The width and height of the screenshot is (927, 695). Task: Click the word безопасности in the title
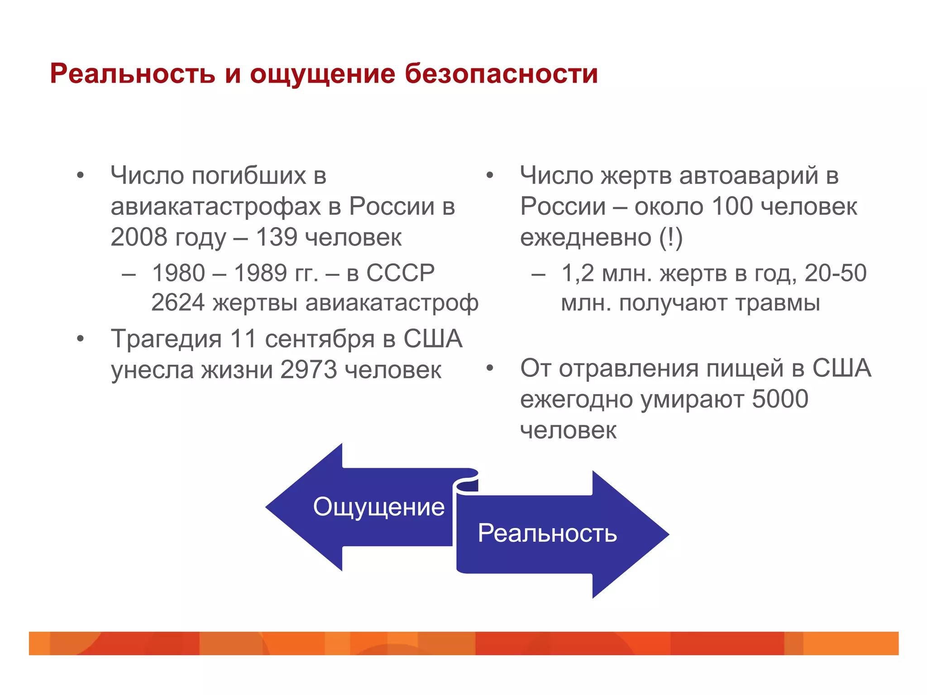coord(501,73)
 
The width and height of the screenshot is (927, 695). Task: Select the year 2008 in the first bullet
coord(139,237)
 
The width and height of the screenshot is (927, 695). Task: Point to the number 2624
coord(177,303)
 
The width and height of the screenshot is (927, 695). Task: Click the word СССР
coord(400,273)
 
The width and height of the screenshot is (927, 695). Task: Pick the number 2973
coord(309,370)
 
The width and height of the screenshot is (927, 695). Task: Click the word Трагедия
coord(166,338)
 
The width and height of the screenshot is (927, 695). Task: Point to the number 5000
coord(780,399)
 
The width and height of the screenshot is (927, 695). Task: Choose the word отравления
coord(629,368)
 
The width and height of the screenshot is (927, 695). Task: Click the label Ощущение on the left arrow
coord(379,507)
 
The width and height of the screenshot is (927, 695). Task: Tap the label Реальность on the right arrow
coord(547,533)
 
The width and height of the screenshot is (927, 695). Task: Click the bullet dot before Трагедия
coord(81,338)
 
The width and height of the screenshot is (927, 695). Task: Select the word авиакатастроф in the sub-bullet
coord(392,303)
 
